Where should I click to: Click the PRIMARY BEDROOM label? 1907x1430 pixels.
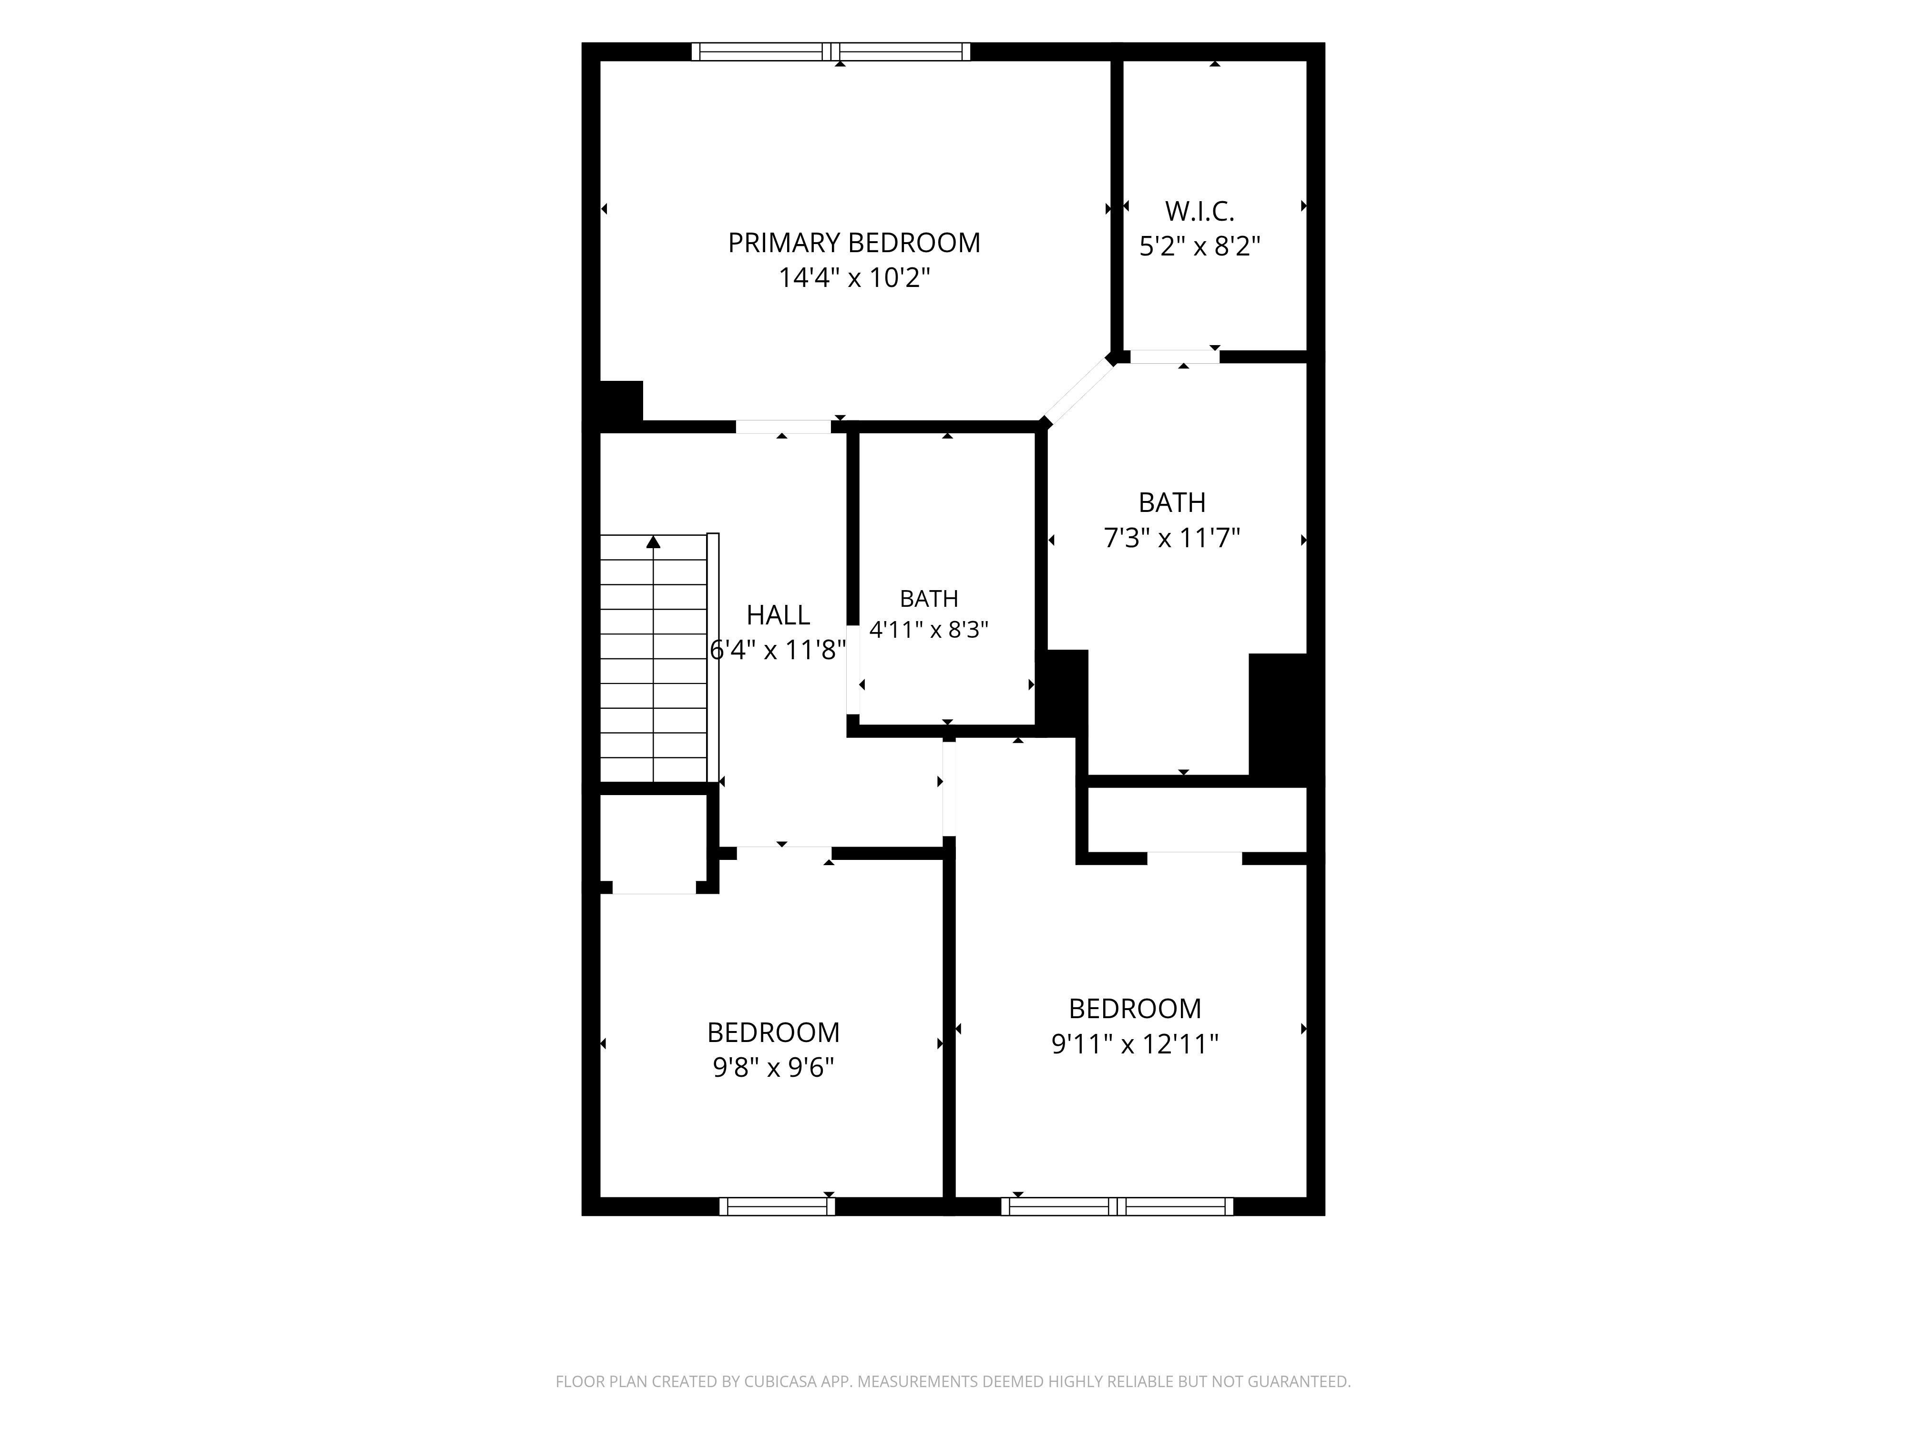tap(853, 243)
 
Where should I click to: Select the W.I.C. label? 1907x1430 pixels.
tap(1199, 211)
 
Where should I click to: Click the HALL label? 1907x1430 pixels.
tap(778, 615)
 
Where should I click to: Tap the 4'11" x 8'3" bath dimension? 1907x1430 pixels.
tap(929, 630)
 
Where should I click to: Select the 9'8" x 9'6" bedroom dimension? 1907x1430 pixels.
tap(773, 1069)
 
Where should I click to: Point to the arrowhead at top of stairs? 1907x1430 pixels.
tap(654, 541)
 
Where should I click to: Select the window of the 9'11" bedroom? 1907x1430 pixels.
tap(1118, 1207)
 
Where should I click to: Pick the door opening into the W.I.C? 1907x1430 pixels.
tap(1175, 357)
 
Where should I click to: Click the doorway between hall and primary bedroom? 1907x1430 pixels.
tap(783, 427)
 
